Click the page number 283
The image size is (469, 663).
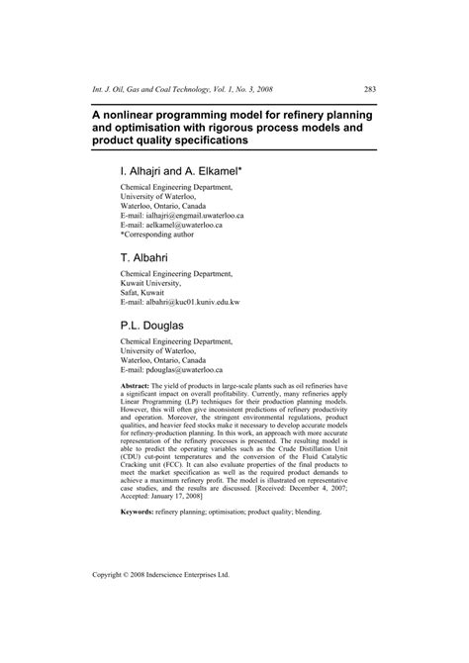(367, 88)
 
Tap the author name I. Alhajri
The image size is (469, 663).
(148, 171)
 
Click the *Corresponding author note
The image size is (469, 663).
(159, 236)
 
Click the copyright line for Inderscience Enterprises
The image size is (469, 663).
(174, 601)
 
